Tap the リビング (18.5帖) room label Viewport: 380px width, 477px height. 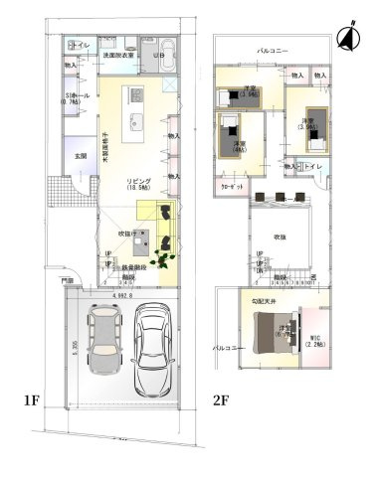click(139, 183)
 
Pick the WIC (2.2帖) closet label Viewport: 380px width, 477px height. click(314, 341)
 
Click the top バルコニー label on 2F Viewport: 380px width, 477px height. click(273, 48)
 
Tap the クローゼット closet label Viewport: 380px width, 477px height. click(227, 185)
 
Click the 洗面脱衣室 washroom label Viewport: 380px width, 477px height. click(120, 56)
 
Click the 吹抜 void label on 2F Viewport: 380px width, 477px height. click(280, 238)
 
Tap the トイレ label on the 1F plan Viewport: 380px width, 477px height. click(82, 46)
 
